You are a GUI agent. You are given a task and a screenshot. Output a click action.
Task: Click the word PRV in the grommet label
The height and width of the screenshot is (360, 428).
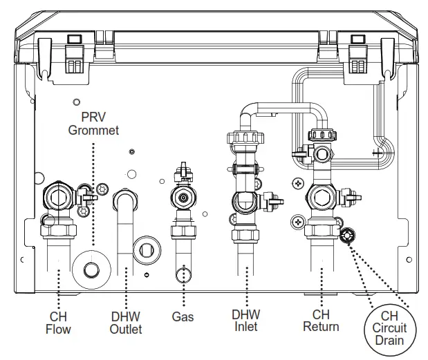(93, 115)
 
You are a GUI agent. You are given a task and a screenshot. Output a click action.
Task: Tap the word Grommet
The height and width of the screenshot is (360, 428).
(93, 129)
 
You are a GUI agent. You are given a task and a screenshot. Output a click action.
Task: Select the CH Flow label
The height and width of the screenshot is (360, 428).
(58, 323)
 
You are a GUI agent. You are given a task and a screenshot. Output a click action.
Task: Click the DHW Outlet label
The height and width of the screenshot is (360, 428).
(126, 323)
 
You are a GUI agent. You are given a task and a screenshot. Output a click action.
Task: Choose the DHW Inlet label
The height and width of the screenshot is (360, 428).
(245, 320)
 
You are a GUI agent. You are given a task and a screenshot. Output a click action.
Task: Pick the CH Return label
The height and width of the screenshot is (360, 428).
(321, 320)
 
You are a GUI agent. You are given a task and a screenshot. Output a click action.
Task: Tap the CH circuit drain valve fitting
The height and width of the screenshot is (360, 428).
(346, 236)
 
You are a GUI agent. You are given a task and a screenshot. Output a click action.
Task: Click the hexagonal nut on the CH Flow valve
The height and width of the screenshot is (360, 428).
(57, 197)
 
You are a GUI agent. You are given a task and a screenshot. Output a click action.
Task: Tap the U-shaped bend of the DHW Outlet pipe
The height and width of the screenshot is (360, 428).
(126, 202)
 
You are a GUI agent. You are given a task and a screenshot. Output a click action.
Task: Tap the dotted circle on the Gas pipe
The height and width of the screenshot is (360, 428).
(183, 275)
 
